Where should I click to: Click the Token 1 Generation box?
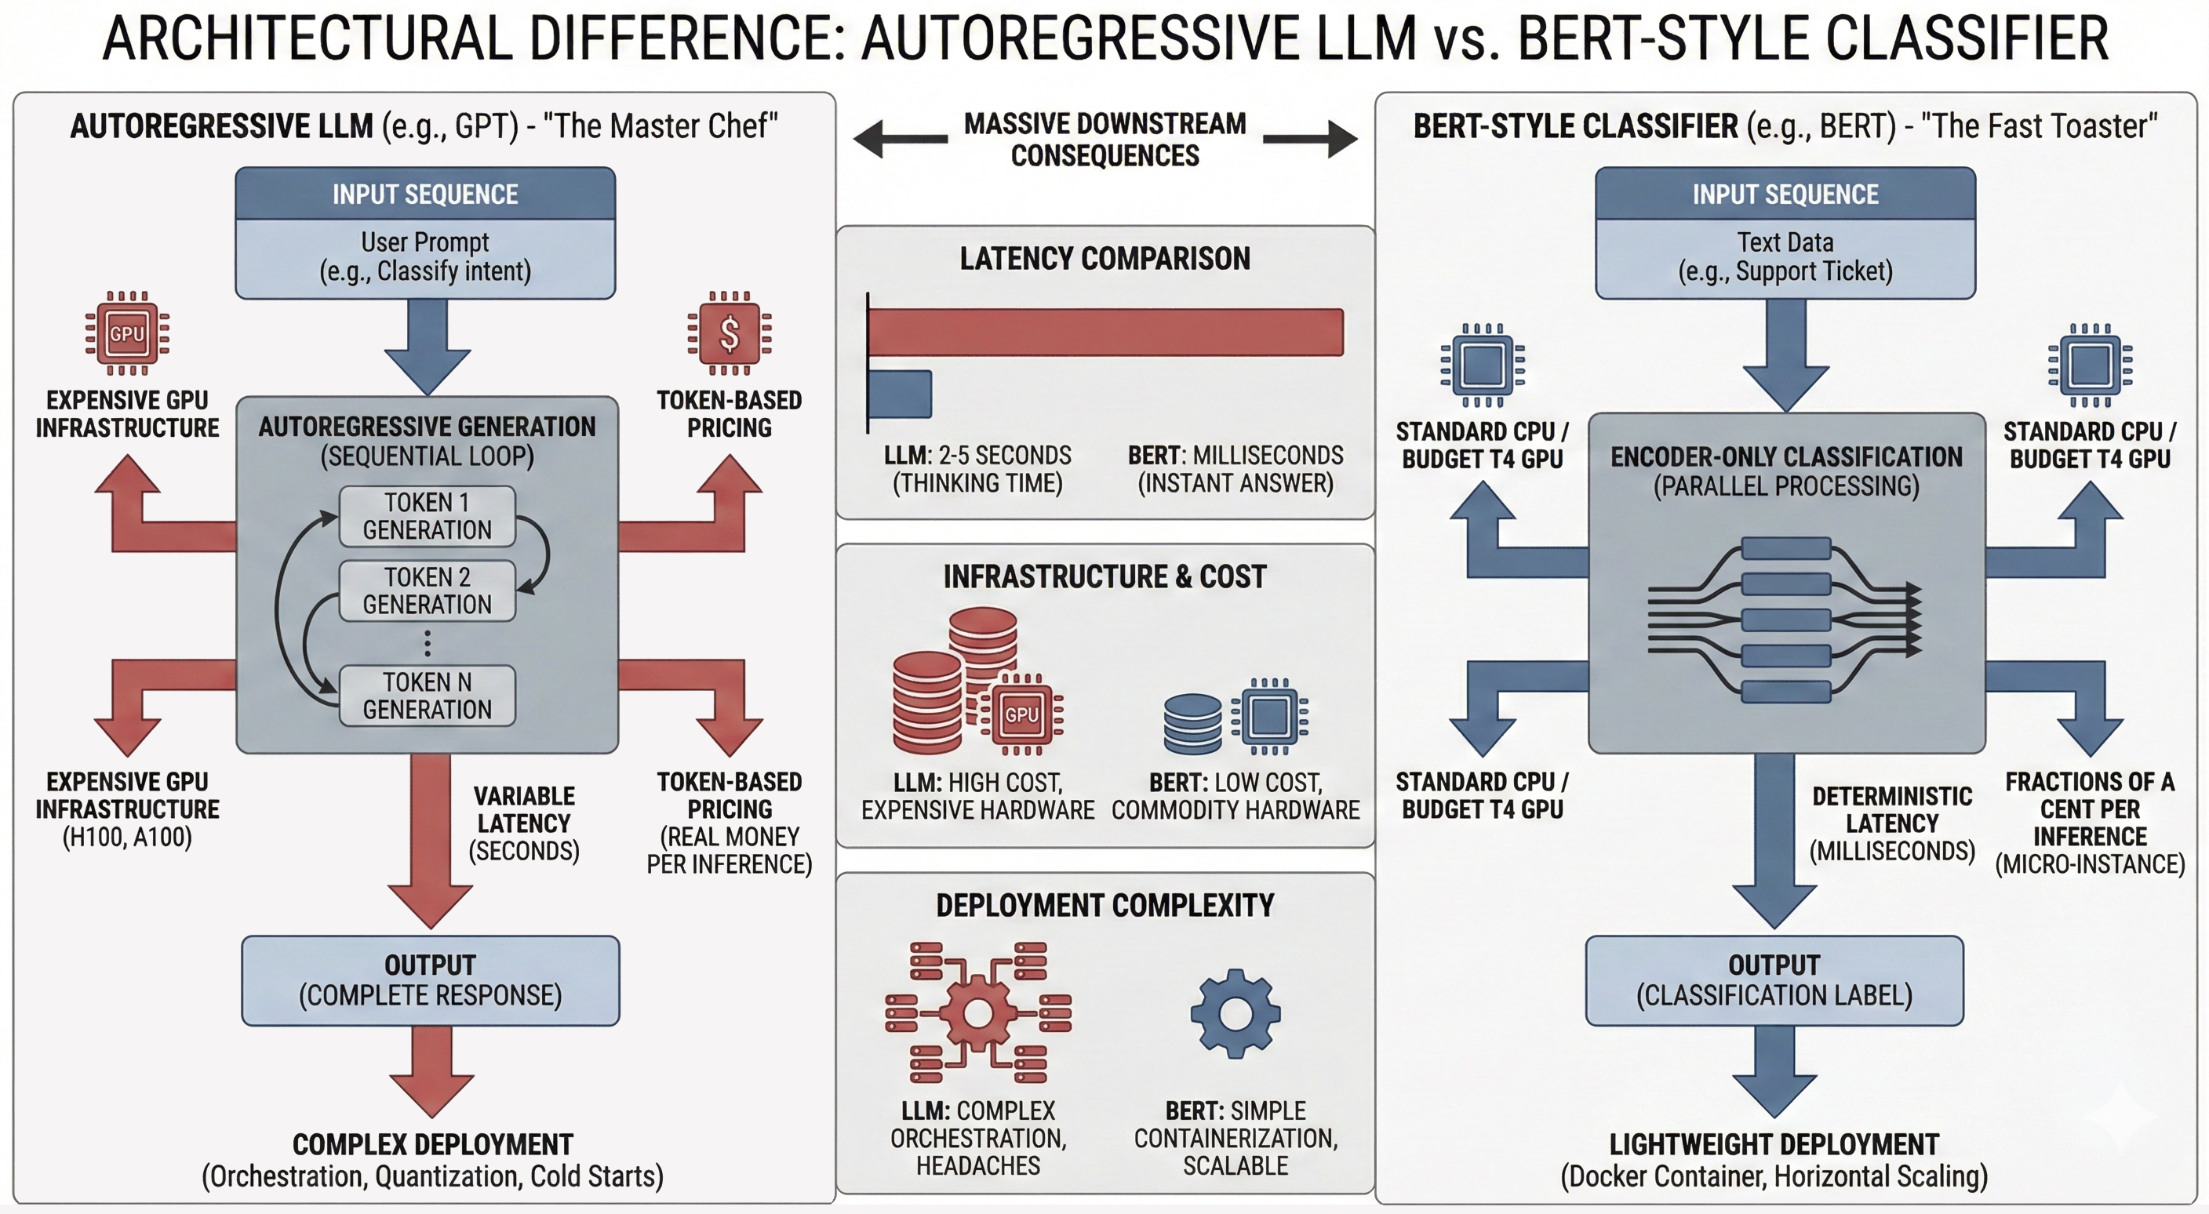click(x=427, y=516)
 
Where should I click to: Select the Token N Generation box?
click(x=427, y=696)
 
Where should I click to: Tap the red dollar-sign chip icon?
click(x=729, y=333)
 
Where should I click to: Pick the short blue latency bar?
click(x=900, y=394)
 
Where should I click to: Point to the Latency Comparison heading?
click(x=1104, y=259)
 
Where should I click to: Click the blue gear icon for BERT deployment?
click(x=1235, y=1012)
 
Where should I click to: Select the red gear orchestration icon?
click(x=977, y=1012)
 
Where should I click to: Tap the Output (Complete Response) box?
click(x=430, y=981)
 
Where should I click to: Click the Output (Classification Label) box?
click(x=1774, y=981)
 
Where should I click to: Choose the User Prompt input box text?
click(x=425, y=257)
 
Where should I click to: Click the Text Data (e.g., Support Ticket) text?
click(x=1785, y=257)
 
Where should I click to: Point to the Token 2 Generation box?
click(x=427, y=591)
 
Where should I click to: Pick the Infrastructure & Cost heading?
click(x=1104, y=577)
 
